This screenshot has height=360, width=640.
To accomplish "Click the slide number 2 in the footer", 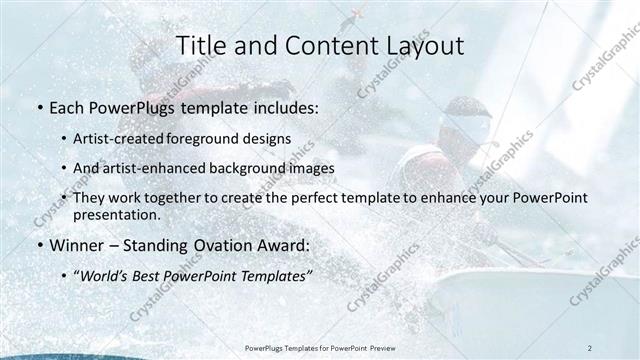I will pos(590,347).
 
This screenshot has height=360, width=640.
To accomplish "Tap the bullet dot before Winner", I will pos(38,243).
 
